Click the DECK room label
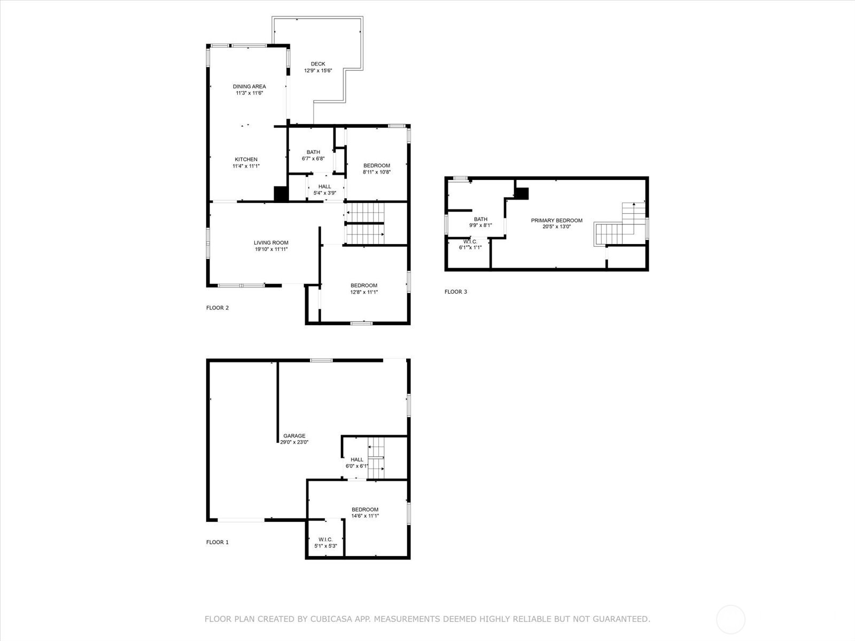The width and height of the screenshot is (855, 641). tap(318, 64)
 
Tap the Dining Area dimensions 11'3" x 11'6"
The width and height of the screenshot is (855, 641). tap(249, 93)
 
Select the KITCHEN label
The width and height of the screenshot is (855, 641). tap(246, 159)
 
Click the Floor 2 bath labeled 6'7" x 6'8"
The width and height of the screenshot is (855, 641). tap(313, 155)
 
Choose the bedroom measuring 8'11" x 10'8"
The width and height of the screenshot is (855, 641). tap(377, 169)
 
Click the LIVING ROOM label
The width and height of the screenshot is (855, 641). tap(271, 243)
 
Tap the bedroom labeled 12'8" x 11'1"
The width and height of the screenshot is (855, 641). tap(364, 288)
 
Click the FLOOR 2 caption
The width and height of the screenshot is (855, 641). tap(217, 308)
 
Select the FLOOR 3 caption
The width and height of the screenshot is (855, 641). tap(456, 292)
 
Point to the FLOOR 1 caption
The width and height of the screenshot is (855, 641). tap(217, 542)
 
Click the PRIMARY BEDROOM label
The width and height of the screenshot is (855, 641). tap(556, 220)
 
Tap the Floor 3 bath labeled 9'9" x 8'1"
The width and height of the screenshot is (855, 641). tap(480, 222)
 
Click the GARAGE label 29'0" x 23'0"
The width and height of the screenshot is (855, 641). tap(294, 439)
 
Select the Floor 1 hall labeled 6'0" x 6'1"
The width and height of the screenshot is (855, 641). tap(356, 463)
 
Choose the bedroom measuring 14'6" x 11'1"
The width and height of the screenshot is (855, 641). tap(365, 512)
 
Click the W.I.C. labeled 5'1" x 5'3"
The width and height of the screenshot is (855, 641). tap(325, 543)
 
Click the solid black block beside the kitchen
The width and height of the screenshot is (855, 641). tap(281, 193)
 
